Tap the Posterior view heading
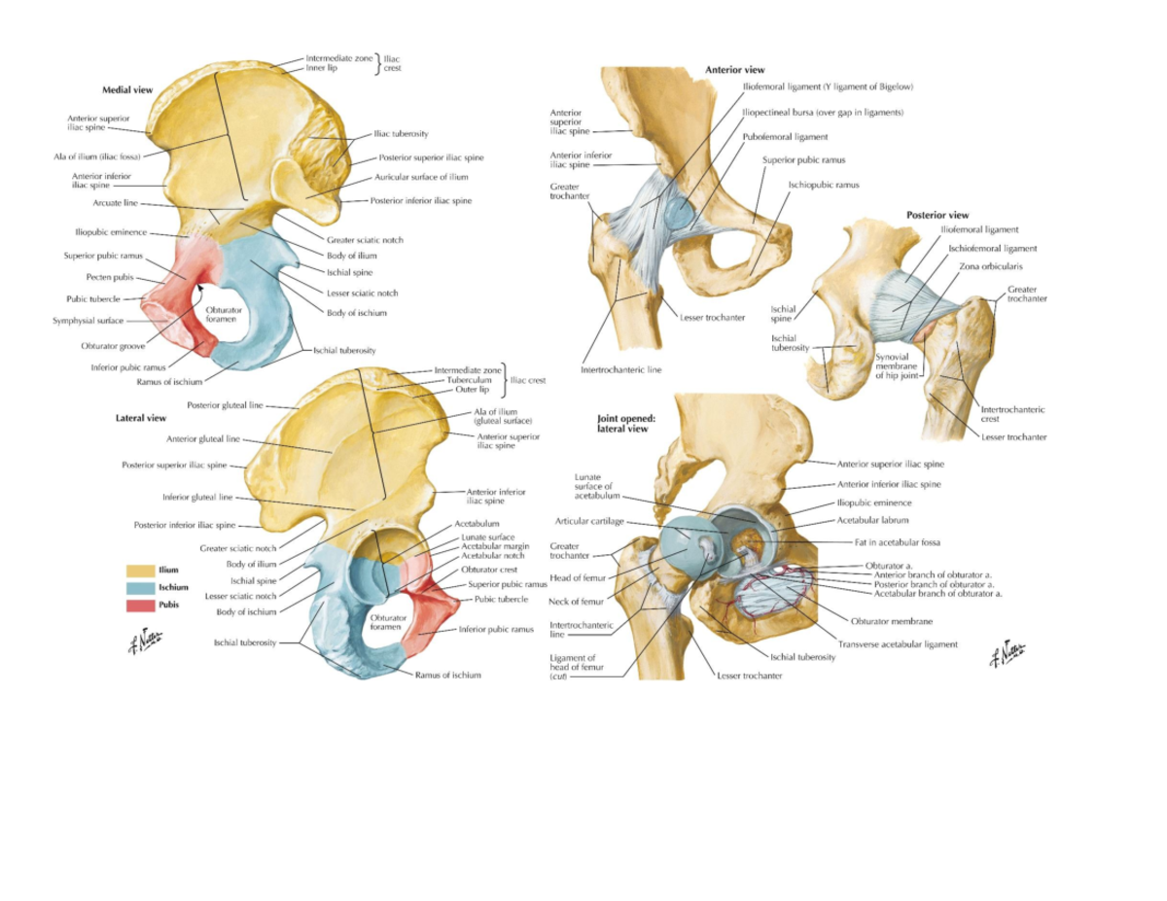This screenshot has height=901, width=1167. [x=937, y=215]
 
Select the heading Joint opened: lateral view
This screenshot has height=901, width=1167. [x=622, y=423]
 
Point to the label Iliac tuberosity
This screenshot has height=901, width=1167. [x=401, y=133]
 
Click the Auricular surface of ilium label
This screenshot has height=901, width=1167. [x=421, y=178]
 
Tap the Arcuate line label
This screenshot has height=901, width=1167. [x=117, y=203]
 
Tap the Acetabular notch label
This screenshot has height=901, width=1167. [x=493, y=555]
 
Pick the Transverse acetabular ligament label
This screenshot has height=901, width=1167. [x=898, y=643]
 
